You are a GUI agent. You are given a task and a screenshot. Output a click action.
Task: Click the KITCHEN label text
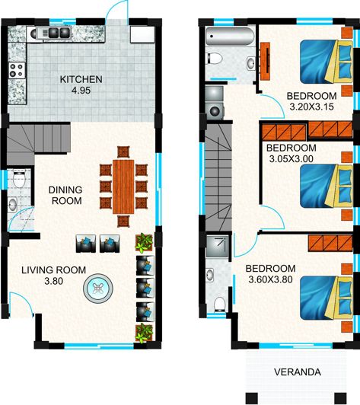[81, 79]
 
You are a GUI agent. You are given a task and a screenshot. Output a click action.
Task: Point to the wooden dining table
[123, 187]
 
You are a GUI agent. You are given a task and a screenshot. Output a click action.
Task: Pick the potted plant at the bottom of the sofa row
[143, 332]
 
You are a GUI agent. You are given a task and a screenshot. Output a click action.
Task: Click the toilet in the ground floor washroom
[14, 204]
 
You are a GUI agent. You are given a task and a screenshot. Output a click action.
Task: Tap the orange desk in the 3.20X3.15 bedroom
[266, 59]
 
